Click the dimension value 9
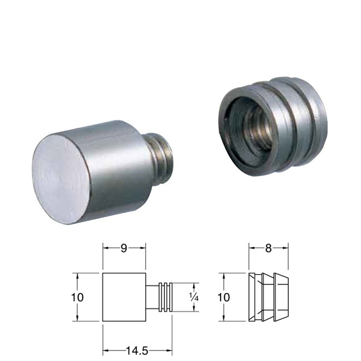[124, 248]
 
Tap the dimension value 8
[268, 248]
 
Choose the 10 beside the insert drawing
[223, 297]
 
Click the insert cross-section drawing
[268, 297]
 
